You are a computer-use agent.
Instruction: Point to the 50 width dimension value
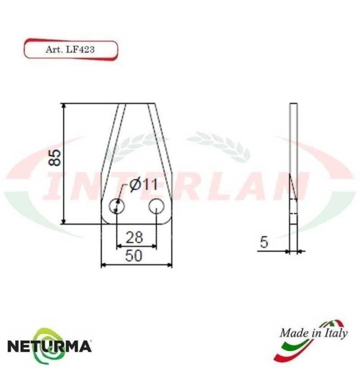tap(134, 255)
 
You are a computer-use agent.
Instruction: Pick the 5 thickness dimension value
tap(264, 244)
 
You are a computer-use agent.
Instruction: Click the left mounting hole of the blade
tap(116, 208)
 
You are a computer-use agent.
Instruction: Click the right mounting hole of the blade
tap(156, 208)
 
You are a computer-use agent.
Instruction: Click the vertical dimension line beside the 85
tap(65, 163)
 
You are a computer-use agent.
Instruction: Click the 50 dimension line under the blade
tap(136, 265)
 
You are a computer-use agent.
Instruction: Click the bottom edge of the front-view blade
tap(136, 224)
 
